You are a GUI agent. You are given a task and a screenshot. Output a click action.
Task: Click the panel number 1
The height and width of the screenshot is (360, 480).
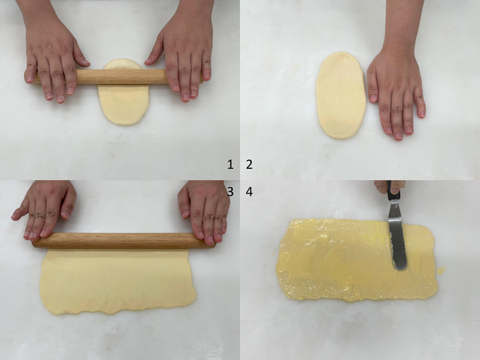(230, 164)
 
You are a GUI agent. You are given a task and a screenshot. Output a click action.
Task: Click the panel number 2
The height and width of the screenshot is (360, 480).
(249, 164)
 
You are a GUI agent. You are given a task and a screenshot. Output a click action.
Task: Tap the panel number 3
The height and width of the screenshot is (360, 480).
(230, 192)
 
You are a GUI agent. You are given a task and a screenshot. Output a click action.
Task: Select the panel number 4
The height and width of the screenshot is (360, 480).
(249, 192)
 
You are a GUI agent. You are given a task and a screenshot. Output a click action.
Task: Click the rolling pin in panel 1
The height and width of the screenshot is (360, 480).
(114, 77)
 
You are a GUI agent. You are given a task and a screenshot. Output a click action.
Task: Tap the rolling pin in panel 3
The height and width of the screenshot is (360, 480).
(124, 240)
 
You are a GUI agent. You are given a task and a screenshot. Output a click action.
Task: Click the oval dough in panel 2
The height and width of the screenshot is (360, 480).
(341, 95)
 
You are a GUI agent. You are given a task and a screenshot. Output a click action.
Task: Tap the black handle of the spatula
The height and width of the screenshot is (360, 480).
(392, 191)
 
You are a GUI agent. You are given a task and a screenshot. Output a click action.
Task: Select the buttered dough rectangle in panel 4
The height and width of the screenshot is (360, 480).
(357, 259)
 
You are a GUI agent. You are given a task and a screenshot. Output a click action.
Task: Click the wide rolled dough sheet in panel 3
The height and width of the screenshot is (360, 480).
(118, 281)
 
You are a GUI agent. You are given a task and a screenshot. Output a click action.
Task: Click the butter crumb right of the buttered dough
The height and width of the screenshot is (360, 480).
(441, 270)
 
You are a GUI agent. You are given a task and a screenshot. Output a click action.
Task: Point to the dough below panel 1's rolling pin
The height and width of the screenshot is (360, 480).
(123, 105)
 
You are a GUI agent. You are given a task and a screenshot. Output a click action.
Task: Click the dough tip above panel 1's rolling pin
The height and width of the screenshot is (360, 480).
(123, 64)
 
